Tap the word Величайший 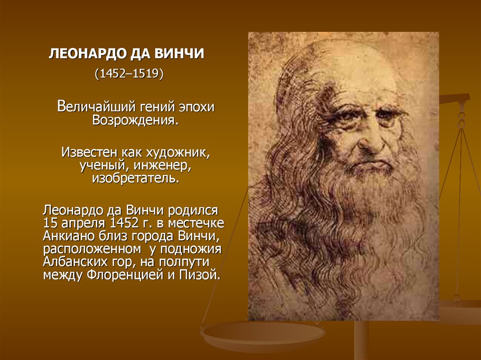[x=96, y=107]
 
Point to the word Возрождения [x=135, y=120]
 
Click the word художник [x=178, y=153]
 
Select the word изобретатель [x=136, y=178]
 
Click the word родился [x=193, y=211]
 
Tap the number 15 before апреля [x=50, y=223]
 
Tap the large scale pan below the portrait [x=262, y=335]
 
